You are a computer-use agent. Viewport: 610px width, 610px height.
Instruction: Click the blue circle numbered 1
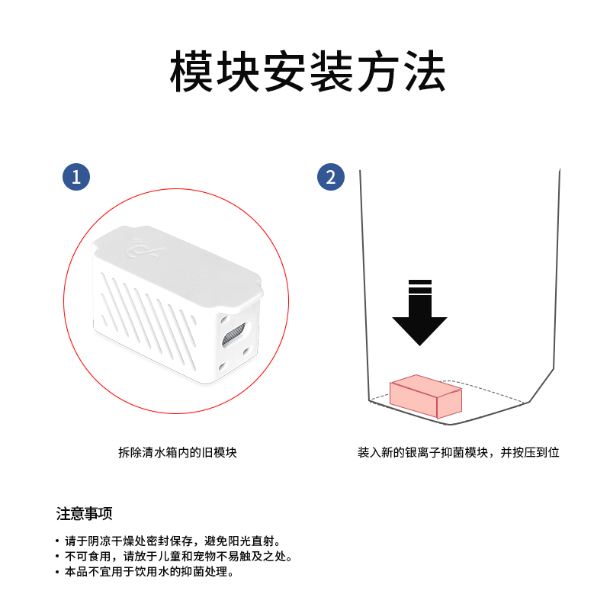point(75,178)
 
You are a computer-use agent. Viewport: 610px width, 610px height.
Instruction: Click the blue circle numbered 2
point(330,178)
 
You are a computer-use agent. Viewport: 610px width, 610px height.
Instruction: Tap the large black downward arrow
point(419,320)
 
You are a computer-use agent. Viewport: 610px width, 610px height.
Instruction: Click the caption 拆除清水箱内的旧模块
point(177,452)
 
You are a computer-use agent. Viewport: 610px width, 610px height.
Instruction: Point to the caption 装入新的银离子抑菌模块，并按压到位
point(458,452)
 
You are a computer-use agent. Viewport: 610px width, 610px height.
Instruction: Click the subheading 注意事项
point(85,513)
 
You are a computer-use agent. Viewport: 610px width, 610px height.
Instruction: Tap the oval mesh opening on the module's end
point(233,333)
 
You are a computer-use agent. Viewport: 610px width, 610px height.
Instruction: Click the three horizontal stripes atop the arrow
point(419,287)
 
